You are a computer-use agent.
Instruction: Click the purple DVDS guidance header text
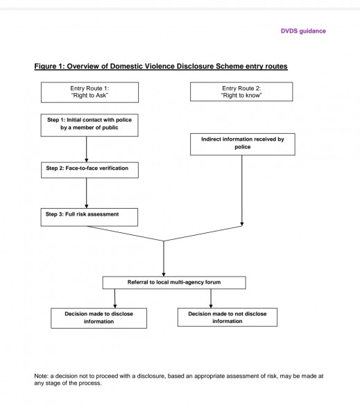point(303,31)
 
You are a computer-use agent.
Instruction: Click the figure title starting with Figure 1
point(161,66)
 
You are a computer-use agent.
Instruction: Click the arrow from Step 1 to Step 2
point(86,149)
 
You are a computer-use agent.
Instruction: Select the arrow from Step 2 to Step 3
point(86,193)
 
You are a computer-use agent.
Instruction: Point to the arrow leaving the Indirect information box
point(242,191)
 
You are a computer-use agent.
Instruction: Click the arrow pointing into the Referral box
point(164,259)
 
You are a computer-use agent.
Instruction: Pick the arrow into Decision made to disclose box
point(115,298)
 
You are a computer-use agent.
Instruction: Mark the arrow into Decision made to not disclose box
point(211,298)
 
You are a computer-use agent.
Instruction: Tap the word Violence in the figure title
point(156,66)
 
